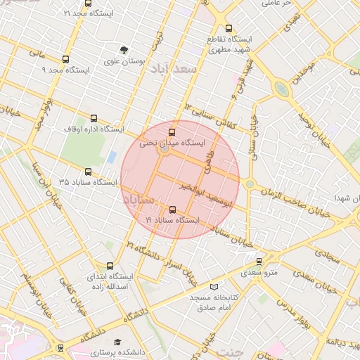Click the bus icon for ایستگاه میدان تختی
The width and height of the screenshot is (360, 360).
pyautogui.click(x=173, y=131)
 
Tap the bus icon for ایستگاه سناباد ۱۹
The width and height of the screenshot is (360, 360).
pyautogui.click(x=173, y=210)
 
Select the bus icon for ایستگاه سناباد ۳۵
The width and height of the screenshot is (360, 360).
pyautogui.click(x=88, y=172)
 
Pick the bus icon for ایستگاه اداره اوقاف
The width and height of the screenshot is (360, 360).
pyautogui.click(x=94, y=118)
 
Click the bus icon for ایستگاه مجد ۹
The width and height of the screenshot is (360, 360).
pyautogui.click(x=66, y=60)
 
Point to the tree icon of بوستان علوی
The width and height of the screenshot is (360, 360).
pyautogui.click(x=124, y=51)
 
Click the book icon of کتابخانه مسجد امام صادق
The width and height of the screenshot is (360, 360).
pyautogui.click(x=214, y=287)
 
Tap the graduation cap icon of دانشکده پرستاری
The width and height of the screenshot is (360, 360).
pyautogui.click(x=117, y=340)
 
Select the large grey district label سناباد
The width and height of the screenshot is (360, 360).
pyautogui.click(x=138, y=200)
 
